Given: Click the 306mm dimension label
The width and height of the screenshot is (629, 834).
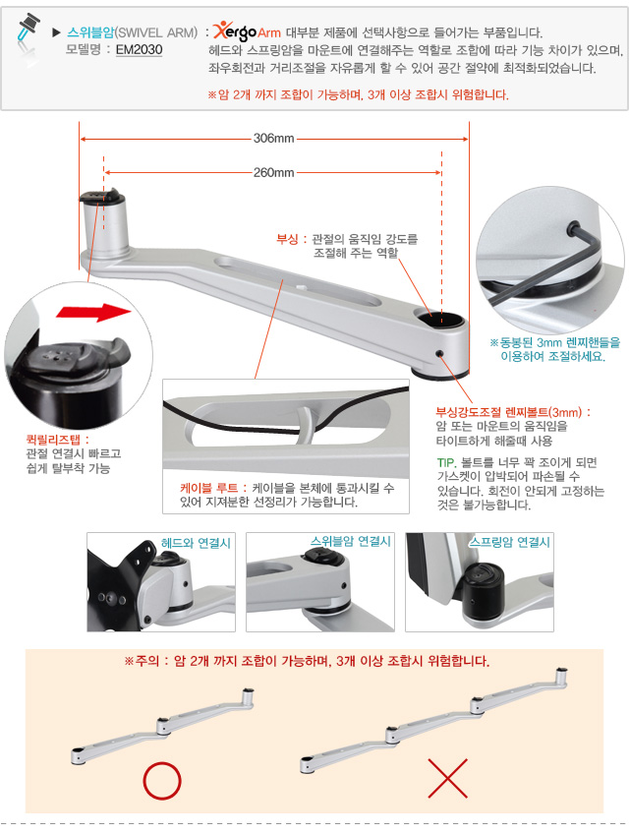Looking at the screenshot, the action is point(273,139).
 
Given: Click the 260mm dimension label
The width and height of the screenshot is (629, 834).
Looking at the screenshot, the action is point(273,172).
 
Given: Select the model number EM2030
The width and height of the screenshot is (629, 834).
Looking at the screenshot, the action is point(139,49).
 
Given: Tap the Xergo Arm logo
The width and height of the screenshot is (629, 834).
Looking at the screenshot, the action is point(247,31).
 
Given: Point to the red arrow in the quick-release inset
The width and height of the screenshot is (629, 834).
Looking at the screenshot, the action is point(93,312).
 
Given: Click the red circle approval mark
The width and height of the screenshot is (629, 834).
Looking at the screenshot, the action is point(161,781).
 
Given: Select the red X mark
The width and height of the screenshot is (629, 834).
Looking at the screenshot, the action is point(448,778).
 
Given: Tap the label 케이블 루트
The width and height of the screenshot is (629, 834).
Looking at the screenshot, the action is point(208,488).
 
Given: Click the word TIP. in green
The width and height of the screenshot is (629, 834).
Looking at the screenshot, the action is point(446,462).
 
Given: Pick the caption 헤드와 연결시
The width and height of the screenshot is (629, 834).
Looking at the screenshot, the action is point(196,543).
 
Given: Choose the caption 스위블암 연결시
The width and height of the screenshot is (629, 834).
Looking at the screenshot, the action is point(351,541).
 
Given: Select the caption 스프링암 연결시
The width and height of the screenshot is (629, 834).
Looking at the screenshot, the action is point(509,542).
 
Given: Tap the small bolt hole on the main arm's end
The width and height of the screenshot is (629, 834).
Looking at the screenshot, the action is point(439,354).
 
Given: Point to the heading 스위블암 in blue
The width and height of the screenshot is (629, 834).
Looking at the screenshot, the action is point(90,32).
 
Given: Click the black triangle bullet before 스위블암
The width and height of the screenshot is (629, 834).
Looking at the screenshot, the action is point(56,32).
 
